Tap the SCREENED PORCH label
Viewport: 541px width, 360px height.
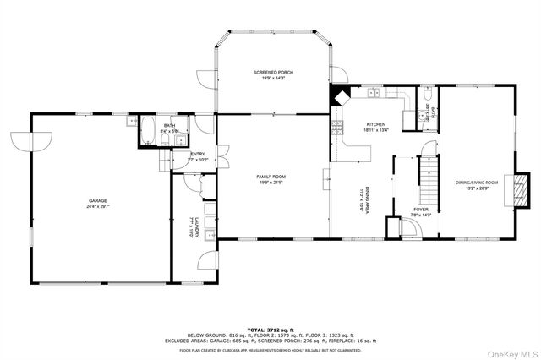(272, 74)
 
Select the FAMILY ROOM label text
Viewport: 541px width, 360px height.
(272, 176)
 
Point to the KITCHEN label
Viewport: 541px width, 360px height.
(375, 124)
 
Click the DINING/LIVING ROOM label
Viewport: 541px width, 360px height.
(477, 182)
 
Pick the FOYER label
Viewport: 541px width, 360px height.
(421, 208)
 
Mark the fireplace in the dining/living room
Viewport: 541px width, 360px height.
(524, 189)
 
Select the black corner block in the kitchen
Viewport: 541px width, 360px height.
(339, 95)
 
